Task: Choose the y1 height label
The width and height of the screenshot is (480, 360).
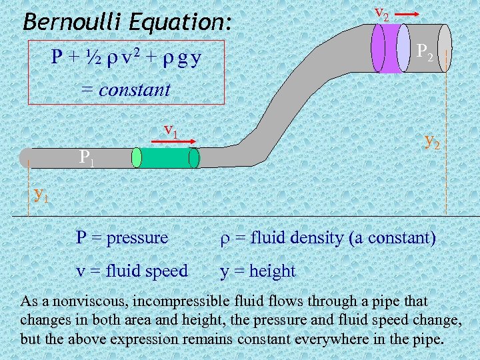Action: (x=41, y=194)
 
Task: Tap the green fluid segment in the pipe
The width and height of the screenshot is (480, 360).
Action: (x=165, y=157)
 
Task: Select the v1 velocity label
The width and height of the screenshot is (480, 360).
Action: (x=171, y=129)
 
